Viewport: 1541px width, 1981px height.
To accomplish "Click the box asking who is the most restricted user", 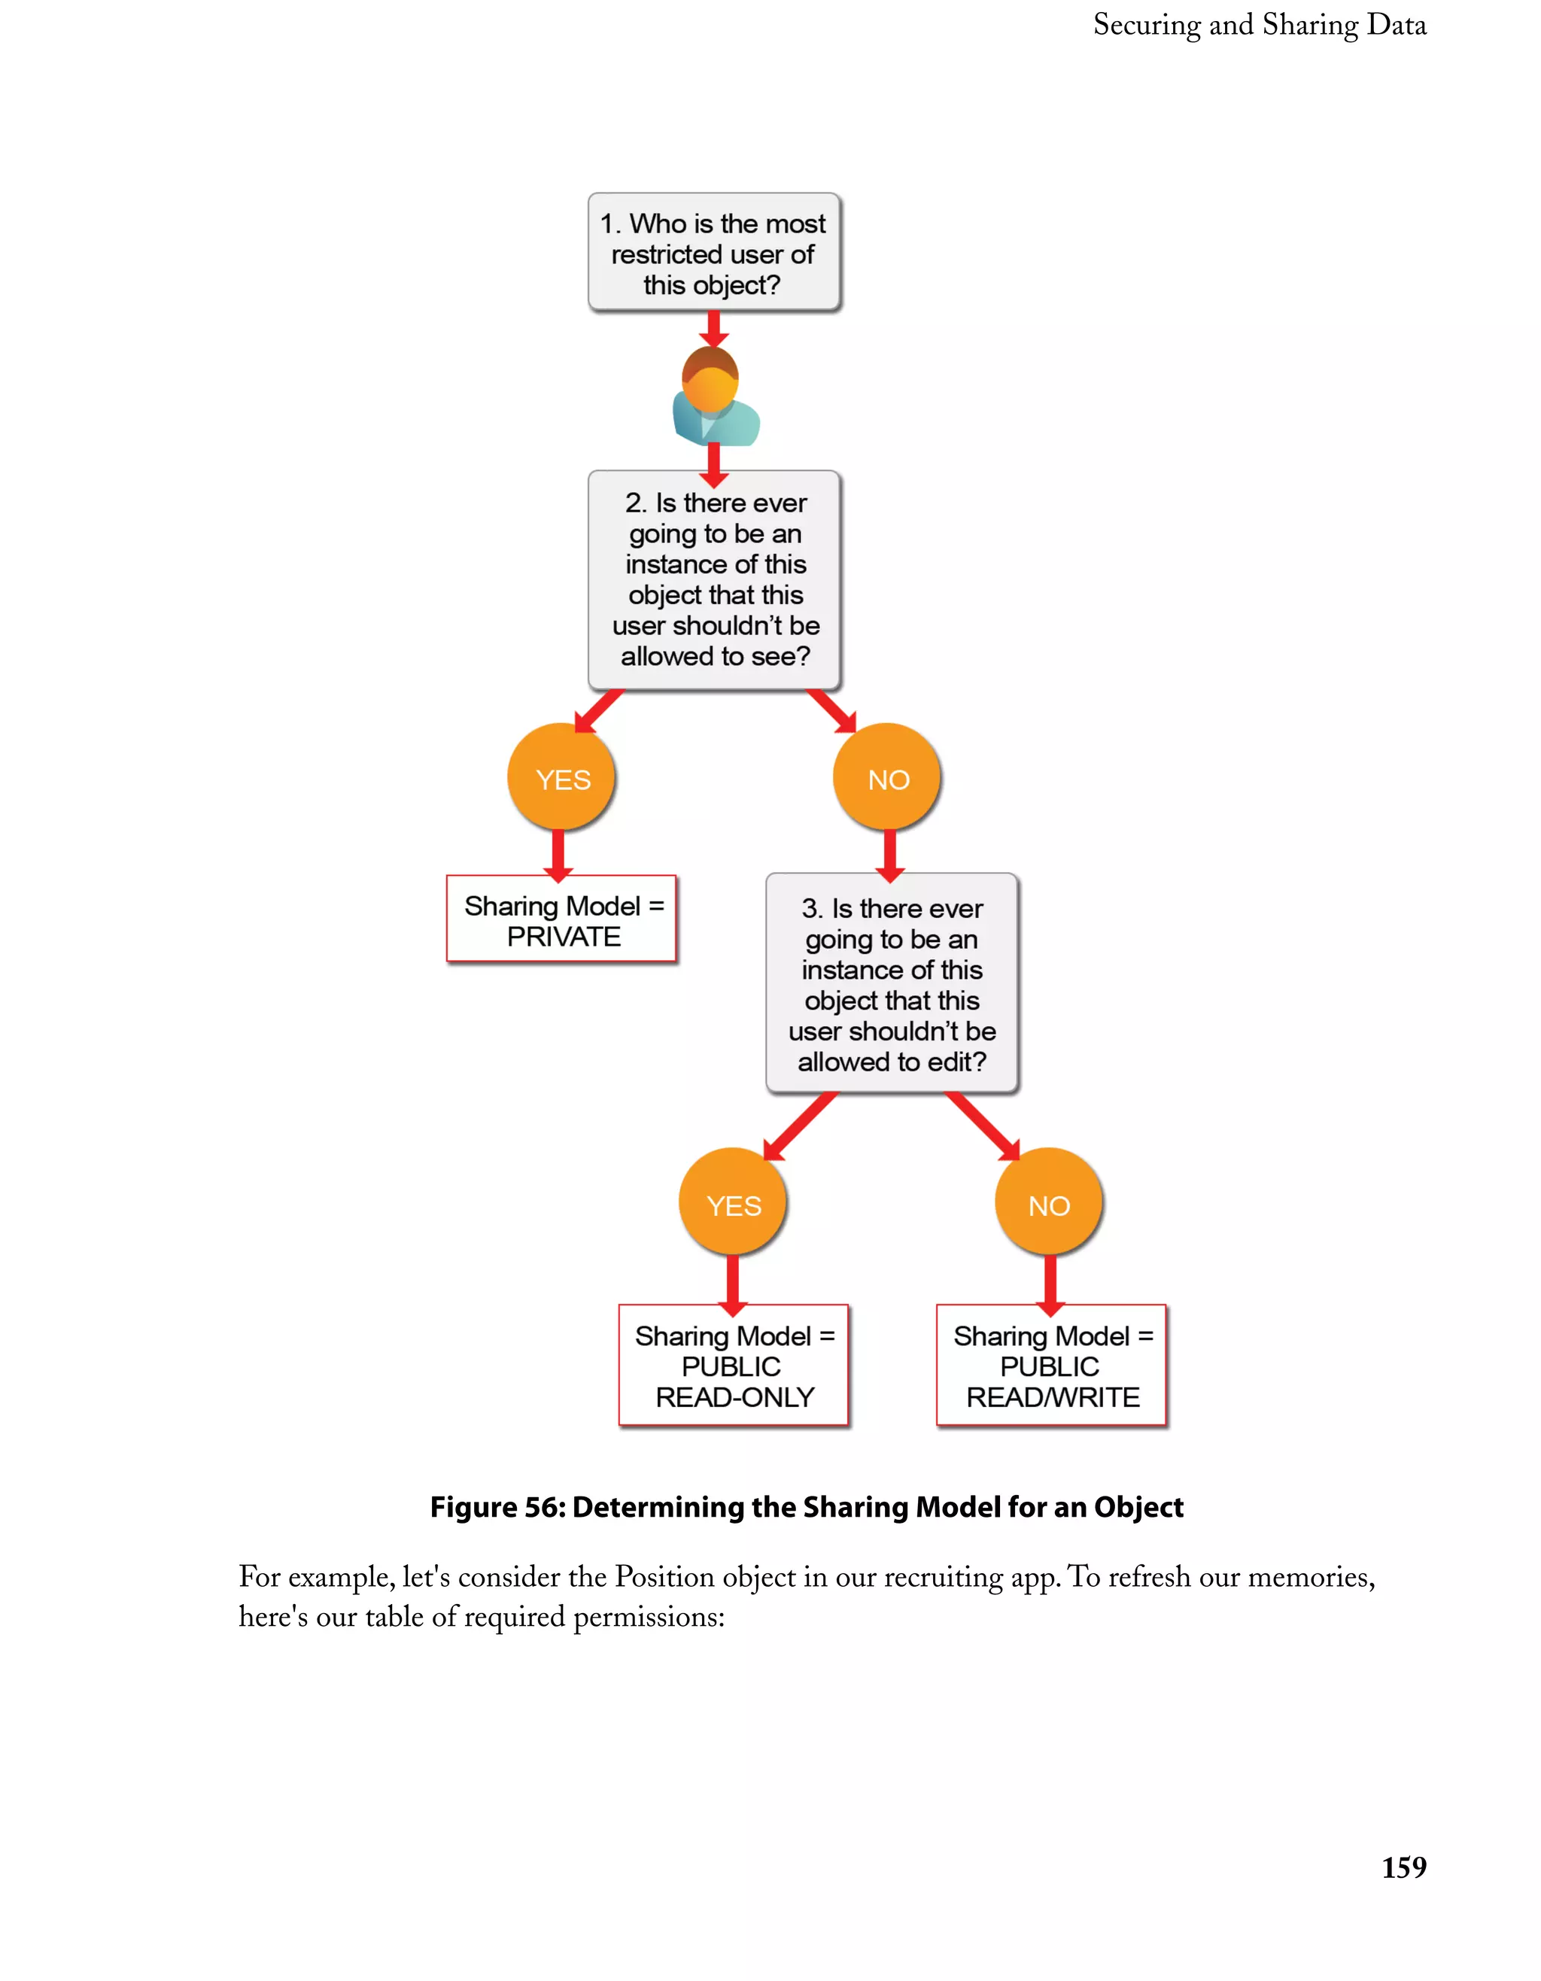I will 714,253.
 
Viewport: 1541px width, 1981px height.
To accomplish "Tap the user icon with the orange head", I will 714,397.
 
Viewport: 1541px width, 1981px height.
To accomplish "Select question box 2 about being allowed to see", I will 714,579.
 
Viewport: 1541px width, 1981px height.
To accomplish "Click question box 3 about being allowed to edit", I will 892,984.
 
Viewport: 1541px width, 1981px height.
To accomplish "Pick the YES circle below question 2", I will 561,778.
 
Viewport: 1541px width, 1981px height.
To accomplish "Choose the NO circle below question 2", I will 887,778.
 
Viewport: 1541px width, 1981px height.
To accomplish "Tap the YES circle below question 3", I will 733,1204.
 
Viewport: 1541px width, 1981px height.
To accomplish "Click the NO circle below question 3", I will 1048,1204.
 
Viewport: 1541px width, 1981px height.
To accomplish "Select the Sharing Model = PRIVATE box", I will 561,919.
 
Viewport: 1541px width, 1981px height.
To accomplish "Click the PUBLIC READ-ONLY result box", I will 733,1365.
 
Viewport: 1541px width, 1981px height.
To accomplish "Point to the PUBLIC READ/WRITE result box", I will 1050,1365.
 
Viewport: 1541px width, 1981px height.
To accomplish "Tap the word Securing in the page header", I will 1147,26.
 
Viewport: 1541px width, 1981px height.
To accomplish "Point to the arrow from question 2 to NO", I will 831,710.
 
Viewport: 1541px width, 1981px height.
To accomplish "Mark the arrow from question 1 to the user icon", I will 714,328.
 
